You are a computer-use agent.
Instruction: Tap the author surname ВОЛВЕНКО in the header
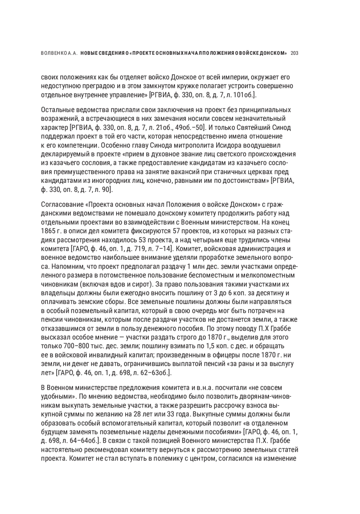pyautogui.click(x=53, y=53)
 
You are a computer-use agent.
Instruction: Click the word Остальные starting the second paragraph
pyautogui.click(x=56, y=110)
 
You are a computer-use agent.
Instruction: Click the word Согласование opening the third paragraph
pyautogui.click(x=61, y=205)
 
